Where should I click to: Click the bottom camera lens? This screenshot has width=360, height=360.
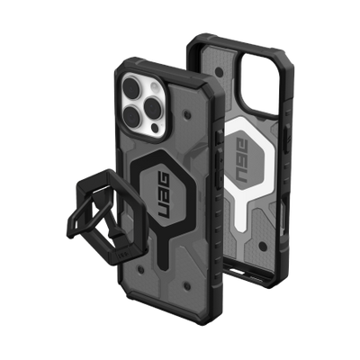(x=142, y=120)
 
